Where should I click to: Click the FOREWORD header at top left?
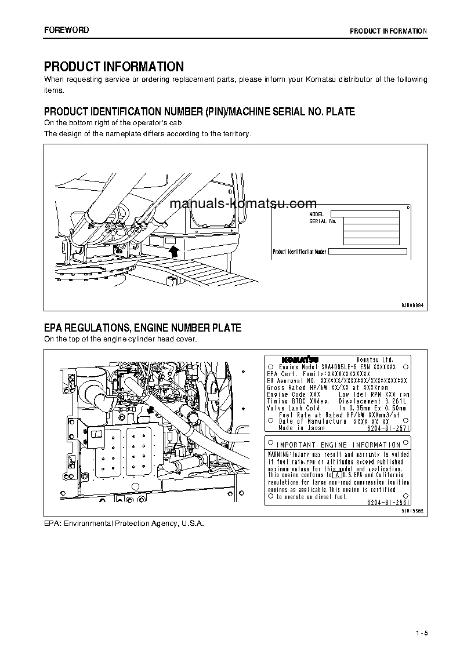67,30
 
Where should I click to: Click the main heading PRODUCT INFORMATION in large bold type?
114,67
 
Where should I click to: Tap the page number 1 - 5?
421,632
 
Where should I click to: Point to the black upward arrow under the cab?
172,251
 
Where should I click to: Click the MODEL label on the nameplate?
317,214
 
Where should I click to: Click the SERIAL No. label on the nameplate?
323,221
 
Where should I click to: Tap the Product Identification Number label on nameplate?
300,252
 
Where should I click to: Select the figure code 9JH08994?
412,304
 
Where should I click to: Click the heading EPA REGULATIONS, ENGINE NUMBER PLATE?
143,328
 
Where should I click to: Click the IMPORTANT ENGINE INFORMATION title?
338,445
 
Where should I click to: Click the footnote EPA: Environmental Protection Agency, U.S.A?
124,523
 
